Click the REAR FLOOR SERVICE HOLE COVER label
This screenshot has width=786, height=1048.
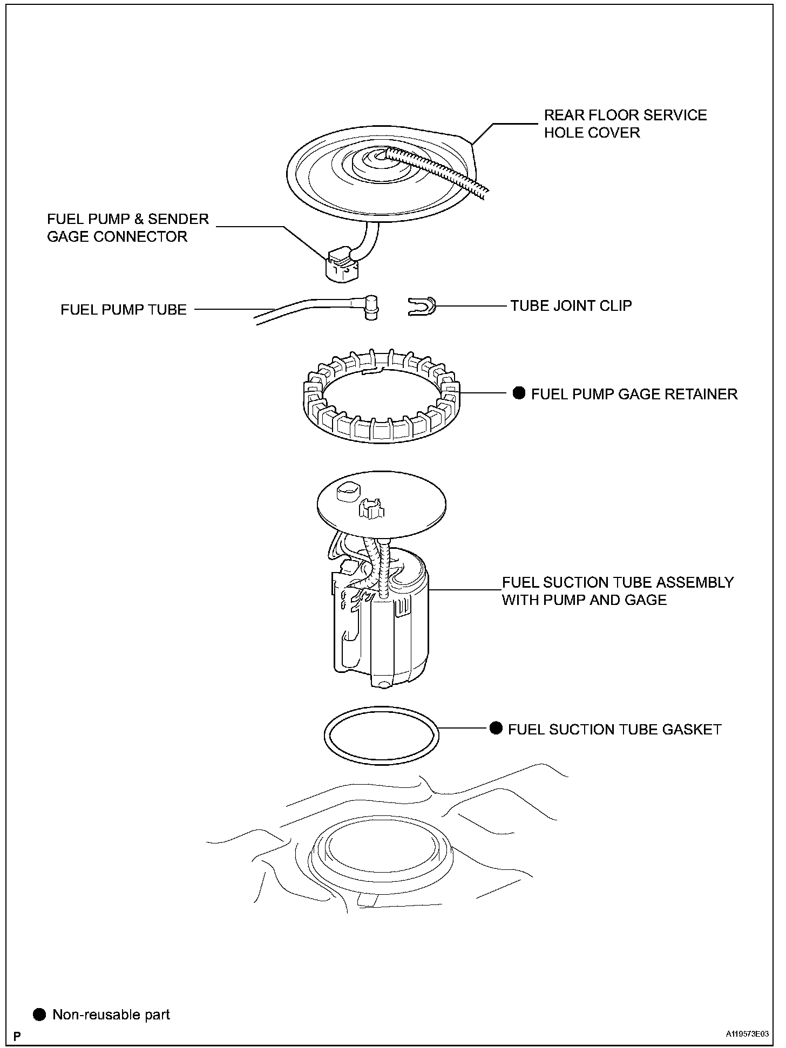[x=625, y=124]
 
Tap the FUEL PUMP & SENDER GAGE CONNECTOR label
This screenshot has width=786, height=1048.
[x=127, y=228]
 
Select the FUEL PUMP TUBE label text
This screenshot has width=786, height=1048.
[x=124, y=310]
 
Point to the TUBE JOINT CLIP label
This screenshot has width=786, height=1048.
[x=571, y=306]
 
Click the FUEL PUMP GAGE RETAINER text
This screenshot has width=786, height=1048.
[x=634, y=394]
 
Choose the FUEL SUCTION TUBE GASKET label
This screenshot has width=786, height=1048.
[x=614, y=730]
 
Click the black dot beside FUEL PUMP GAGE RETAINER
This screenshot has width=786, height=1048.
[x=519, y=393]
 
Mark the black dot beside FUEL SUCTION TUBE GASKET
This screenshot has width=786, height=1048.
[x=496, y=729]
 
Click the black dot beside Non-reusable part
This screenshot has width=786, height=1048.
[x=39, y=1015]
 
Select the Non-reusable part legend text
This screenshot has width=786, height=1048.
[x=111, y=1015]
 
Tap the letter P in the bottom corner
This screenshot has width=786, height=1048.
[x=17, y=1036]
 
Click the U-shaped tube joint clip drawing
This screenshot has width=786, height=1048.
[x=422, y=307]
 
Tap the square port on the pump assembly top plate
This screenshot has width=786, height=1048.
[x=347, y=491]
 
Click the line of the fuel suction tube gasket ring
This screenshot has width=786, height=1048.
[x=326, y=735]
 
